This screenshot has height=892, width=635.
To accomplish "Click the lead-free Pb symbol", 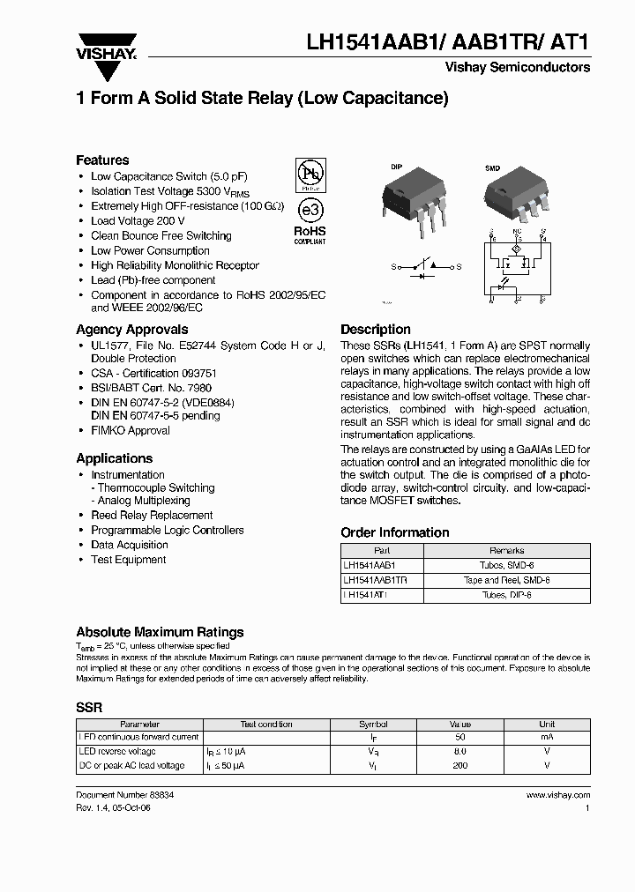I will point(308,173).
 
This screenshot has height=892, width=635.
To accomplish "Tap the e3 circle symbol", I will point(308,212).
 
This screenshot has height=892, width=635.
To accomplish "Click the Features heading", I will point(102,160).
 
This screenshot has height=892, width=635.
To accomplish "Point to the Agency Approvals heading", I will point(131,329).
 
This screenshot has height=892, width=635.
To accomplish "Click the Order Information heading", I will point(394,532).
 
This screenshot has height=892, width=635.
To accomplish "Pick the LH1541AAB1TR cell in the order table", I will point(381,580).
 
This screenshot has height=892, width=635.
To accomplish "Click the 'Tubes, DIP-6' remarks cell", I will point(505,595).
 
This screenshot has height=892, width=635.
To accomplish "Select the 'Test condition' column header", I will point(265,724).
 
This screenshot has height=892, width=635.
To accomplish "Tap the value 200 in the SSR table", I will point(459,765).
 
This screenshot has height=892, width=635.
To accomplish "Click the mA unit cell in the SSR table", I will point(546,737).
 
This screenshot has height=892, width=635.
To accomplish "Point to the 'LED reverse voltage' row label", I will point(117,751).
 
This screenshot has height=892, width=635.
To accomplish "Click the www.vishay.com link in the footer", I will point(557,794).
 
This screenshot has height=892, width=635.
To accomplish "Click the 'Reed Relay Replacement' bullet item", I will point(152,515).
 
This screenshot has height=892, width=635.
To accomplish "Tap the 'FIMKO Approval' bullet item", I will point(130,430).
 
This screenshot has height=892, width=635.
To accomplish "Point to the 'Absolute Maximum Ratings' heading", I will point(160,632).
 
